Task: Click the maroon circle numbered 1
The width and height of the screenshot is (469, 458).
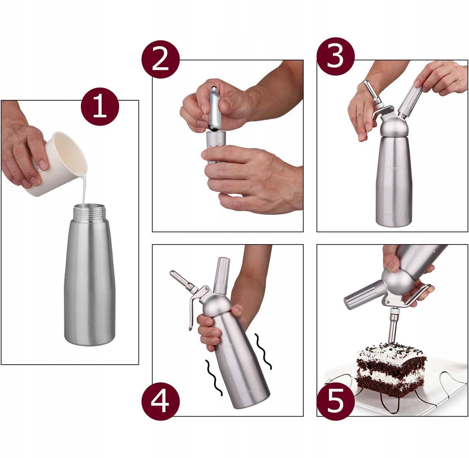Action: (x=100, y=106)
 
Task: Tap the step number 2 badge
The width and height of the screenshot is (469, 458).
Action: (x=161, y=59)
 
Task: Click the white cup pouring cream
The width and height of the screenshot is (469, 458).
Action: (x=58, y=164)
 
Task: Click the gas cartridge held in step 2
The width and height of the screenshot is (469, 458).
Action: (x=213, y=108)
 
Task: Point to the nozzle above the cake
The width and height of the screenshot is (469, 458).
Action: (x=392, y=328)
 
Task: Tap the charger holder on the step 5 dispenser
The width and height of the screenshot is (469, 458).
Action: (x=364, y=294)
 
